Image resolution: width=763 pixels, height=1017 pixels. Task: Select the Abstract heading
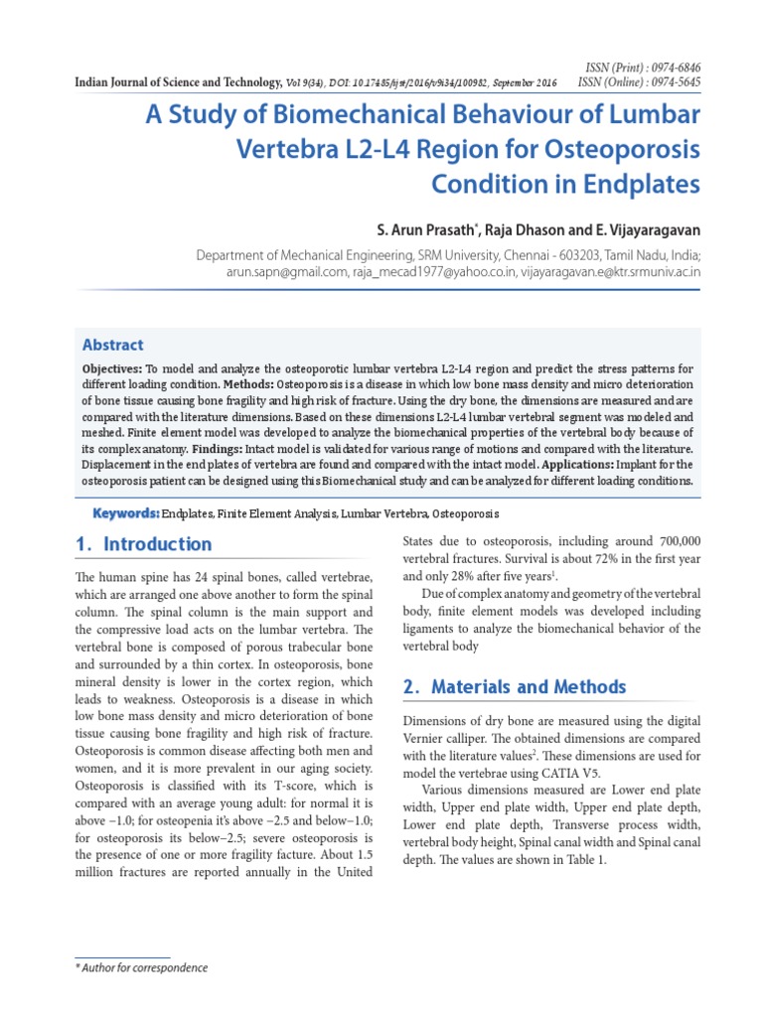click(112, 345)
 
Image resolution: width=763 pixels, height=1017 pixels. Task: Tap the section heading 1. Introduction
click(144, 544)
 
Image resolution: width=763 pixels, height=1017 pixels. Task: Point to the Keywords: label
click(125, 513)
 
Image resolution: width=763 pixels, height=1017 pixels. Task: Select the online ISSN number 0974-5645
click(671, 80)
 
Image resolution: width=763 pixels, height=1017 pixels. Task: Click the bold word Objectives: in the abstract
click(112, 368)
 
